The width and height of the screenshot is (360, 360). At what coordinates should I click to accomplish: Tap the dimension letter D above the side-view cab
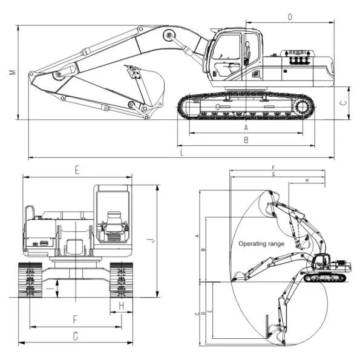290,18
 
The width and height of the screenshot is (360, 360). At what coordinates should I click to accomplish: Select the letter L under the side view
182,154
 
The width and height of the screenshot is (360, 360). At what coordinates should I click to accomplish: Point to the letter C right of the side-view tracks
343,102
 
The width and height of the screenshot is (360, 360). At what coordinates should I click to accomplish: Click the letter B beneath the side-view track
246,140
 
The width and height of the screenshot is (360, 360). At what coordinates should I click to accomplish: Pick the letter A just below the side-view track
246,128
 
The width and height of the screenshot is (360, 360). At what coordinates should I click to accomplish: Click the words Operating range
261,244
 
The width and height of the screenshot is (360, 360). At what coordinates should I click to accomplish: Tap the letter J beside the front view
153,240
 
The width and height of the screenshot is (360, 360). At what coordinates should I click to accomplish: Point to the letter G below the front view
75,335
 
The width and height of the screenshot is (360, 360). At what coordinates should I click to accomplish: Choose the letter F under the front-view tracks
75,319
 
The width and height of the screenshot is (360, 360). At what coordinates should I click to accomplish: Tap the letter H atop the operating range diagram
307,181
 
